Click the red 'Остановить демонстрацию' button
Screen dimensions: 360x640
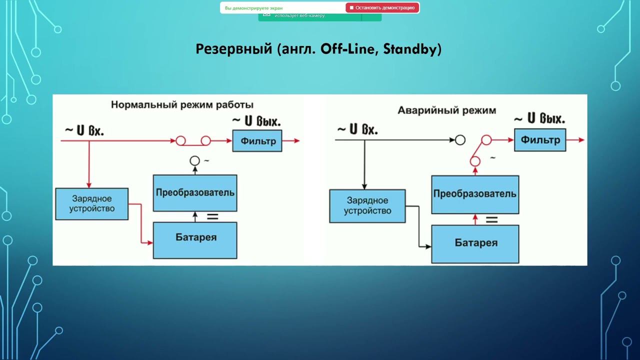(x=382, y=7)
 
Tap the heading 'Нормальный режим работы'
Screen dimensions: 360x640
(x=182, y=105)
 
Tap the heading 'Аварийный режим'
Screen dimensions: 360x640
(x=446, y=110)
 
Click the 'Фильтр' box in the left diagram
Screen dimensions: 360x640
(x=257, y=141)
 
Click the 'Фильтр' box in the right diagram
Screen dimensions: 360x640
(x=540, y=140)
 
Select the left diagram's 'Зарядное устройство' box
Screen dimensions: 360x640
(x=91, y=204)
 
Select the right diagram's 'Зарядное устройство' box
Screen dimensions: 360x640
(x=367, y=205)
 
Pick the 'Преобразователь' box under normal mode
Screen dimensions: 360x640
(x=195, y=193)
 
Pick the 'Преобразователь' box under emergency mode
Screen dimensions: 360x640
(x=474, y=194)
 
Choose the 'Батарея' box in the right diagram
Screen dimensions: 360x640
(x=475, y=243)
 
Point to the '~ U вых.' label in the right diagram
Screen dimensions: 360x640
(x=539, y=119)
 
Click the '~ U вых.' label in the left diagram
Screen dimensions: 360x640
(x=255, y=120)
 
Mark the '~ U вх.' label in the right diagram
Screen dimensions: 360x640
(x=357, y=129)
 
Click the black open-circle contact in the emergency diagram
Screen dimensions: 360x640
(x=460, y=140)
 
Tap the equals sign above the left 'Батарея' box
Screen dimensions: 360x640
(x=212, y=217)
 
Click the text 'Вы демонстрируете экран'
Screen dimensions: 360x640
(x=253, y=8)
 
